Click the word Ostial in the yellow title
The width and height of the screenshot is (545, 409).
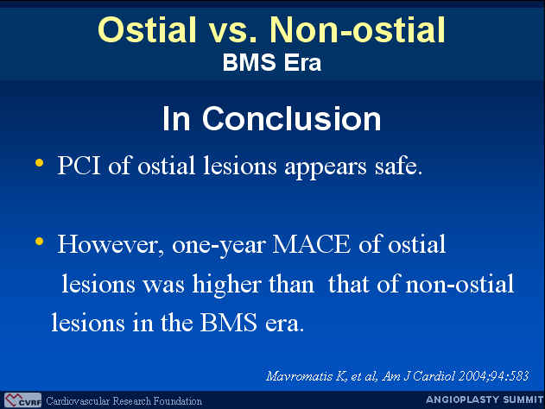point(147,29)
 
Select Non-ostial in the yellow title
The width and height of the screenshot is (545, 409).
point(358,29)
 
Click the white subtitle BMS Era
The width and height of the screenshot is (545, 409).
point(272,62)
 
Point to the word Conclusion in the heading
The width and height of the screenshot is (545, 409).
point(291,119)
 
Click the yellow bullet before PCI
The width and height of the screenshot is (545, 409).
point(39,162)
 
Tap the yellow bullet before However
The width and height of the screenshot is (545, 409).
point(39,241)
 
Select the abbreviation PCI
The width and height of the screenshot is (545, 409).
point(79,166)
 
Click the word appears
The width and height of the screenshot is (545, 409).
point(326,168)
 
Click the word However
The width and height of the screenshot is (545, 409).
point(111,245)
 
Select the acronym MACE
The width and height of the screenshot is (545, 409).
point(312,244)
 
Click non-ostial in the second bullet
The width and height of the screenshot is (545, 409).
point(459,284)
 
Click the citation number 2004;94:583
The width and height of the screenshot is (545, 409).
point(493,376)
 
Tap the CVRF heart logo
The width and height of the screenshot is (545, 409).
point(22,400)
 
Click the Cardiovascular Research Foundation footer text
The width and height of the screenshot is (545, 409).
point(124,401)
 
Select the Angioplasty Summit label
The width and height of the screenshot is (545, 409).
point(485,400)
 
